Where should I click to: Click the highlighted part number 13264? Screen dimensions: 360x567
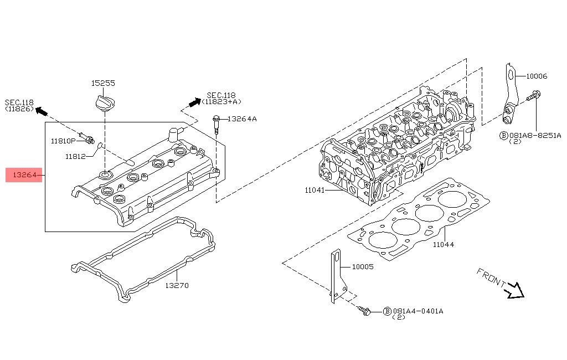point(24,175)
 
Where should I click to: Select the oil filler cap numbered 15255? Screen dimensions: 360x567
point(104,103)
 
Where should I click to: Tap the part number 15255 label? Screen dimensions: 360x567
point(103,84)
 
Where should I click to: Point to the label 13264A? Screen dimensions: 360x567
point(242,119)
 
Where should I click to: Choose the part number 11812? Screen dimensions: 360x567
point(75,156)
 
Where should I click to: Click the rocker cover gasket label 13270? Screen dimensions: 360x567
point(177,286)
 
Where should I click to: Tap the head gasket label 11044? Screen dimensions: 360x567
point(443,244)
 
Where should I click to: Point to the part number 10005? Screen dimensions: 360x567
point(363,266)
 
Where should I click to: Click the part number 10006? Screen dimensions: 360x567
point(537,76)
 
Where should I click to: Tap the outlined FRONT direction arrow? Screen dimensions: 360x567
point(516,290)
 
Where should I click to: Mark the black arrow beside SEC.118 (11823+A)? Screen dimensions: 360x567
point(194,102)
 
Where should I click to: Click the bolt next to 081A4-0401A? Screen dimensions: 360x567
point(364,311)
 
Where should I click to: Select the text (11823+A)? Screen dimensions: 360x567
point(221,102)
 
